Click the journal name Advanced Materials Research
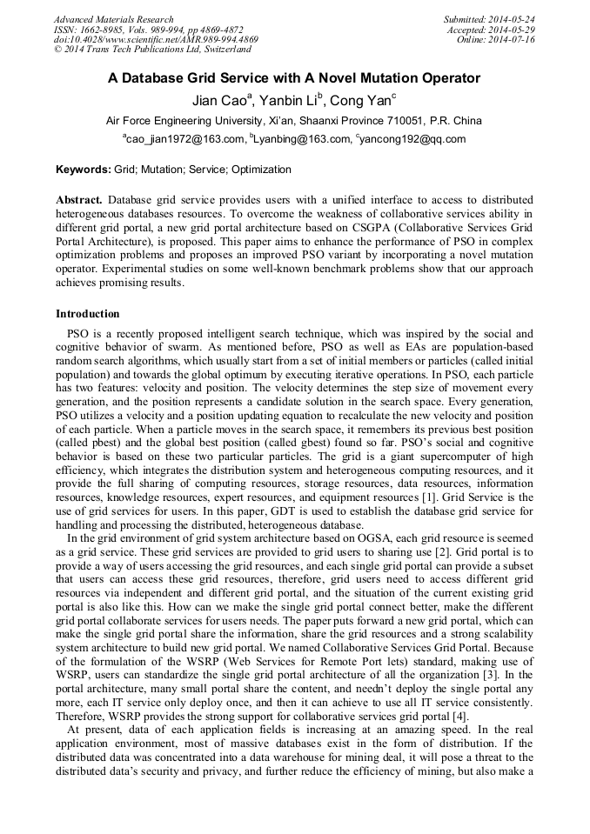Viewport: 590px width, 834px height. (x=113, y=19)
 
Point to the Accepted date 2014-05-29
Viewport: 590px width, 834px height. (x=512, y=30)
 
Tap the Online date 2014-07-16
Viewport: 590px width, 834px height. (x=513, y=40)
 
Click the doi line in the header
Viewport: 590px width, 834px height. (x=156, y=40)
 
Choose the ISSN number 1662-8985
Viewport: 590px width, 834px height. (x=104, y=30)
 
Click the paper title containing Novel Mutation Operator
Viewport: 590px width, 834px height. (x=294, y=78)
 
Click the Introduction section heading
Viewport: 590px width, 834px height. (x=88, y=314)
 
